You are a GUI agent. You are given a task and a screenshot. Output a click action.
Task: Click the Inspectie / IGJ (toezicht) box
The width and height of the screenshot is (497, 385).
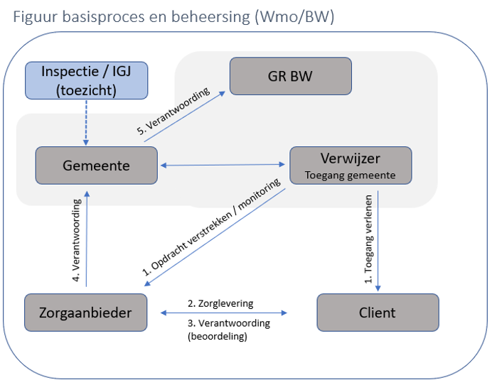click(x=87, y=80)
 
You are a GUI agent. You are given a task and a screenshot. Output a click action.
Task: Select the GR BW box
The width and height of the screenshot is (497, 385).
click(x=290, y=76)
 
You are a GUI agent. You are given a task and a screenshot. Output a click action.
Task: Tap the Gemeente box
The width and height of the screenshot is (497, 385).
click(x=96, y=166)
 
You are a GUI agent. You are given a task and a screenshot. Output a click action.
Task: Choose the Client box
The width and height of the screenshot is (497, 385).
click(x=378, y=313)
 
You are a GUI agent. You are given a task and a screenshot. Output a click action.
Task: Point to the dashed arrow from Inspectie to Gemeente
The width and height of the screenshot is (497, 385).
click(x=87, y=122)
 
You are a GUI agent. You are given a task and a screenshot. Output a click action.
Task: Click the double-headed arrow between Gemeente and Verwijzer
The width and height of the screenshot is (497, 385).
click(x=223, y=166)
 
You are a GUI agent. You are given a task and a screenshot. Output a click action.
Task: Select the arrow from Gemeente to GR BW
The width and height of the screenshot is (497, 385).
click(x=186, y=116)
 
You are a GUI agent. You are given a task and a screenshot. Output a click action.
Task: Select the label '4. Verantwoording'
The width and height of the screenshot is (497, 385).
click(x=77, y=239)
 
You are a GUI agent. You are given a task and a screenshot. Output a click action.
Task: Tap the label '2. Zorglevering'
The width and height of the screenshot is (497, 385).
click(x=220, y=303)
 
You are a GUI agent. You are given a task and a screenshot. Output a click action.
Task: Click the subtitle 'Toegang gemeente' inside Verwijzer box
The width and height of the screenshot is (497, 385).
click(x=350, y=173)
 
